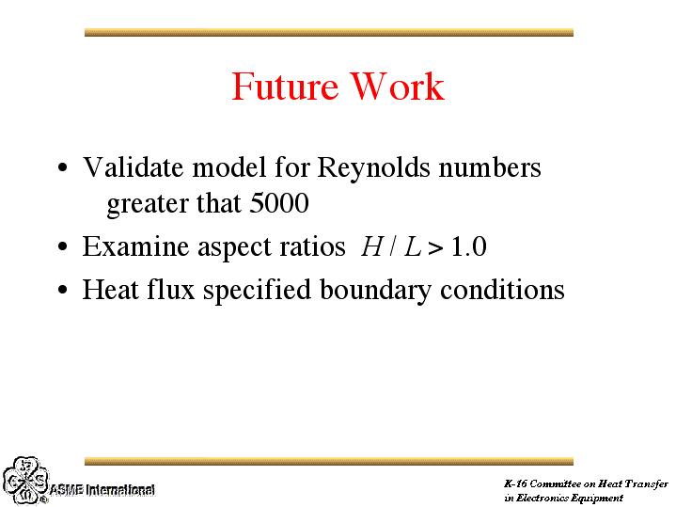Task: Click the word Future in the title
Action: point(285,87)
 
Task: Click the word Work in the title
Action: point(397,87)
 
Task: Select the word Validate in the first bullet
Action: point(133,167)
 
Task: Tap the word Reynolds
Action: point(374,168)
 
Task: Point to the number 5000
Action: point(279,203)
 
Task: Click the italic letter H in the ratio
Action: point(371,246)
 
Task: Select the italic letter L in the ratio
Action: point(413,246)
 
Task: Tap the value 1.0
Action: point(468,246)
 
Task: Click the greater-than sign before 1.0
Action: point(435,248)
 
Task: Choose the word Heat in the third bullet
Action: point(110,289)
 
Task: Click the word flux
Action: point(171,289)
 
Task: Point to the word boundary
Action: point(375,291)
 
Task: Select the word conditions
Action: point(502,289)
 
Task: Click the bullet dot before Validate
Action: point(62,167)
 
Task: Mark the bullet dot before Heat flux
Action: point(62,289)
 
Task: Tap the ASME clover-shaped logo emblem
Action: point(25,481)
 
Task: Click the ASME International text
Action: point(102,490)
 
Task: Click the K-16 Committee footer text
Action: point(586,491)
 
